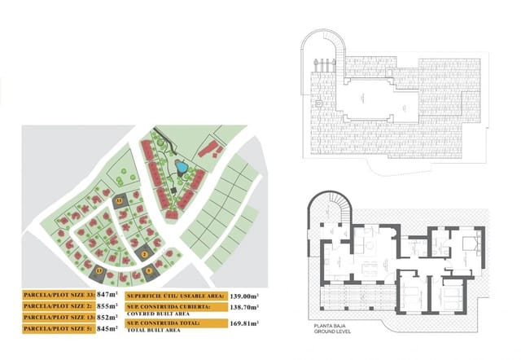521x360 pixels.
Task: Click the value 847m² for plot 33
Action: point(107,294)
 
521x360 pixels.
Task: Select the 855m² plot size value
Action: point(107,306)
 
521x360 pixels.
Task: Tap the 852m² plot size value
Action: point(107,318)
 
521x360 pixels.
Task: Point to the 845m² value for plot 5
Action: point(107,329)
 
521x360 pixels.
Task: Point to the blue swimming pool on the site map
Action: point(182,168)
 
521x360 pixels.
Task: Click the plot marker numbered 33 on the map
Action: point(119,199)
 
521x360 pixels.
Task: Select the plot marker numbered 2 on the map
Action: point(144,255)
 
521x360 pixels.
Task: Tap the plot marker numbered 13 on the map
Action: point(100,270)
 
